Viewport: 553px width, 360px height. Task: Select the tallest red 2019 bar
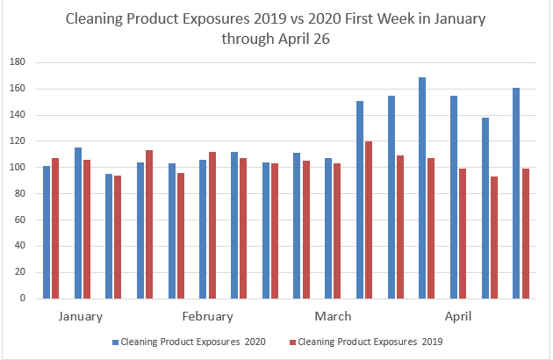click(368, 220)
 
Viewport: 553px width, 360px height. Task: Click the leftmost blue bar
click(47, 232)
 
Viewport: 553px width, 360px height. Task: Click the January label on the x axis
click(81, 316)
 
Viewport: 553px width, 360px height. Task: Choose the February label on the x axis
click(207, 316)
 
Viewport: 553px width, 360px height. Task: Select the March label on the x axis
click(333, 316)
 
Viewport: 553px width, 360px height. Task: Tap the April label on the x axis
click(460, 316)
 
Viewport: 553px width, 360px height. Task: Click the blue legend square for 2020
click(114, 342)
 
